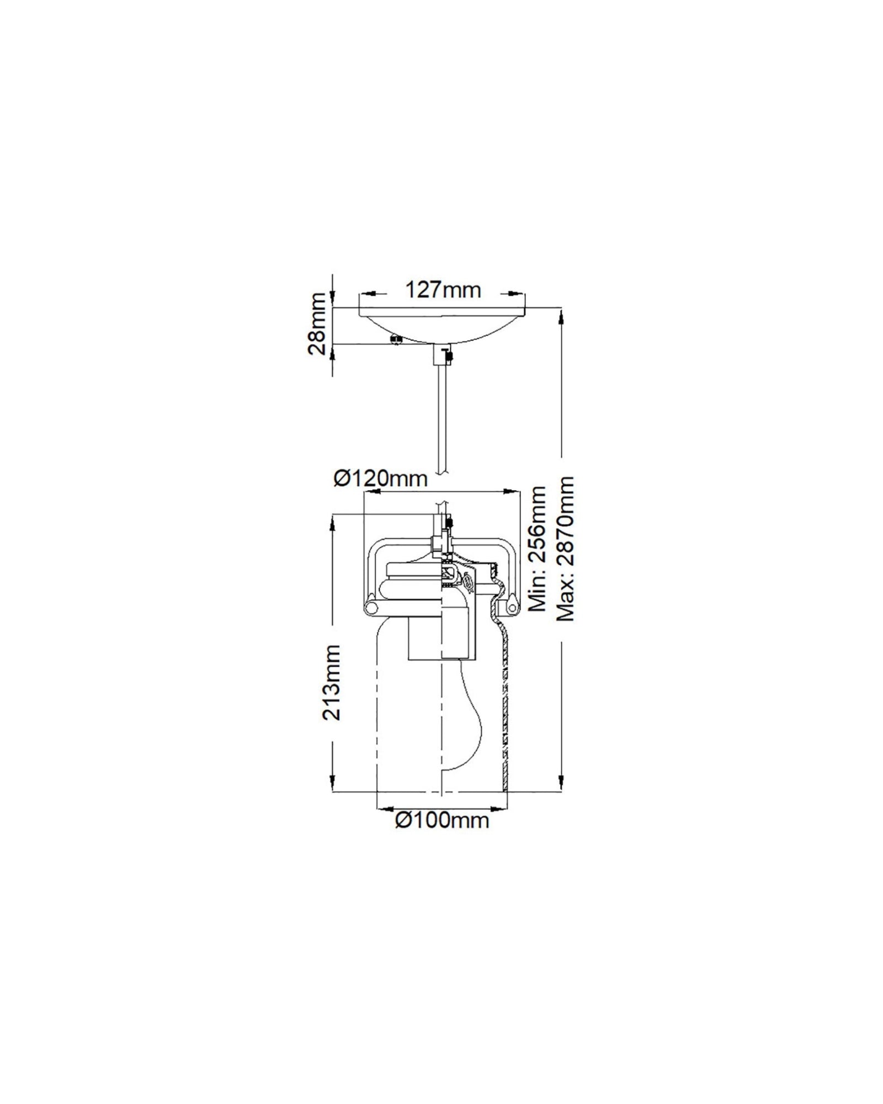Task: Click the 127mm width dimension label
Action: (443, 289)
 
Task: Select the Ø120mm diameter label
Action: (380, 478)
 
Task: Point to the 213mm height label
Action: (332, 683)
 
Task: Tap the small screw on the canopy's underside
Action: (395, 339)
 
